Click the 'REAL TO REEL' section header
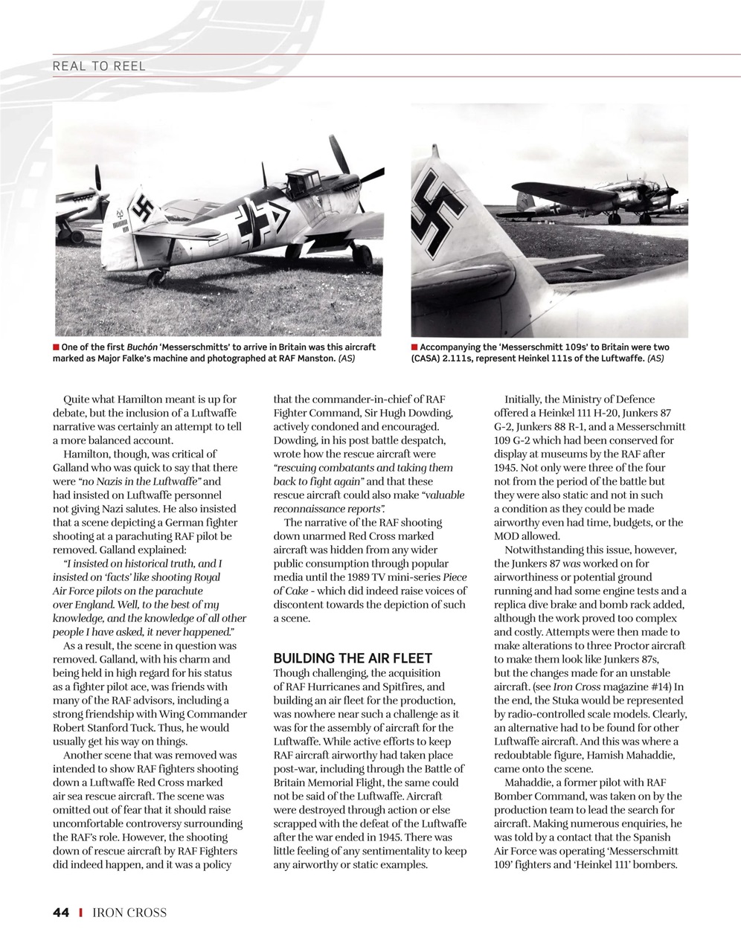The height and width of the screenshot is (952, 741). point(99,66)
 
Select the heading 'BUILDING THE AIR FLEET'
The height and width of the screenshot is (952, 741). point(353,658)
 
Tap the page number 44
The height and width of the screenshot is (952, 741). point(61,913)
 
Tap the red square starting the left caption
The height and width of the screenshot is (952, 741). point(56,347)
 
